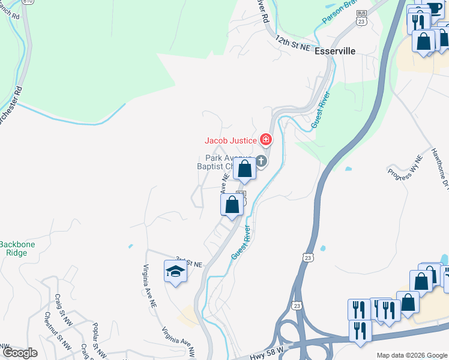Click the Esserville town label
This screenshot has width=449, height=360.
click(x=335, y=52)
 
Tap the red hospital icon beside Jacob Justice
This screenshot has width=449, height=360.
click(x=266, y=140)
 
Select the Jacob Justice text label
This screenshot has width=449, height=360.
click(x=231, y=140)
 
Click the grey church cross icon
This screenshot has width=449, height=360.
click(x=261, y=161)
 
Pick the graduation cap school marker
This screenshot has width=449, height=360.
click(x=175, y=271)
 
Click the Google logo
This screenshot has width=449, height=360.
click(x=20, y=353)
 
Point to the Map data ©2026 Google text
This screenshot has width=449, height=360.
click(x=411, y=355)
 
